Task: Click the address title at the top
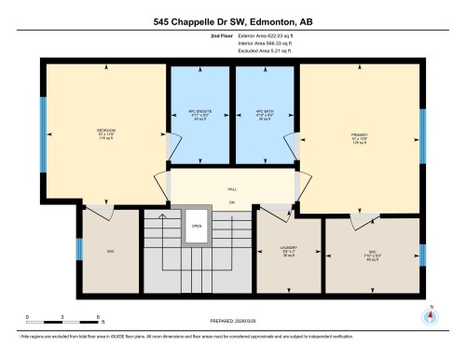pos(233,19)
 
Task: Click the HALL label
pos(231,188)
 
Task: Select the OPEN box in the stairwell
pos(197,226)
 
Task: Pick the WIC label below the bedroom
pos(110,250)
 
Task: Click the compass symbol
pos(429,315)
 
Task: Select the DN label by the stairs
pos(231,202)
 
